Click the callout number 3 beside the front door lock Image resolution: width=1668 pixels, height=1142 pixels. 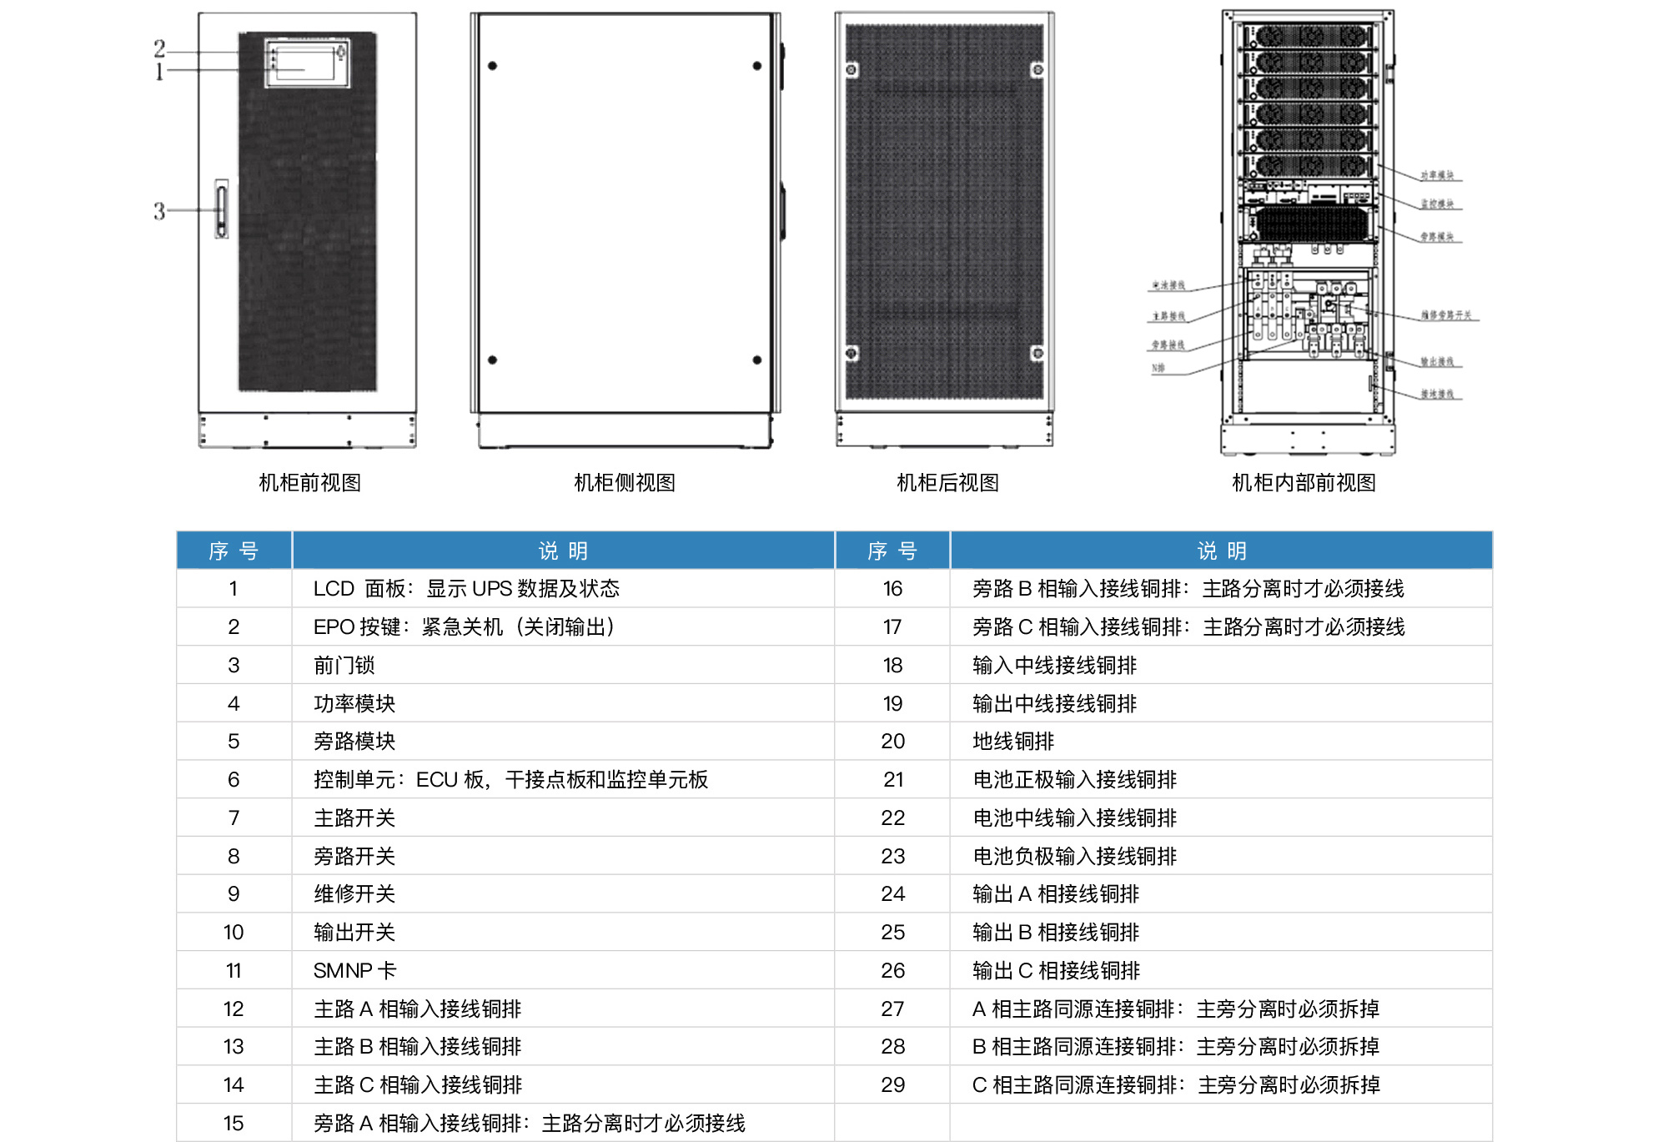pyautogui.click(x=159, y=211)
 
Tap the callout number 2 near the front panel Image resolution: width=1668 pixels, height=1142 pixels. pyautogui.click(x=159, y=48)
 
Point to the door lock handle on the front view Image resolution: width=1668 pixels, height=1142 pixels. pyautogui.click(x=221, y=209)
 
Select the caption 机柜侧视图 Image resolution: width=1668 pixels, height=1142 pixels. pyautogui.click(x=625, y=483)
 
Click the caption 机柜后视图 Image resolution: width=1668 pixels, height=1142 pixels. pyautogui.click(x=947, y=483)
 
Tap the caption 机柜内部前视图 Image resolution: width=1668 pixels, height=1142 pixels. pyautogui.click(x=1304, y=483)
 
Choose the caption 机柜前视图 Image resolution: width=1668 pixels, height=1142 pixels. pyautogui.click(x=309, y=483)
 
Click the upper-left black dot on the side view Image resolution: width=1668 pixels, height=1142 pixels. pyautogui.click(x=493, y=66)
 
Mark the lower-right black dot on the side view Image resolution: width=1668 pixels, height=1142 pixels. pyautogui.click(x=757, y=360)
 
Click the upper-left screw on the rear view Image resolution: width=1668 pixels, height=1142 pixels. pyautogui.click(x=852, y=70)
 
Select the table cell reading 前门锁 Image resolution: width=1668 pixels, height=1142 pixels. pyautogui.click(x=344, y=666)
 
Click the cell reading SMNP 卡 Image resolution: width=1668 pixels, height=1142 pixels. pyautogui.click(x=354, y=971)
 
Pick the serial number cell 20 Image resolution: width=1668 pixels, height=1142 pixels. pyautogui.click(x=892, y=742)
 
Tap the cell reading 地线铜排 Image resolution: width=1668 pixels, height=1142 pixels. pyautogui.click(x=1013, y=742)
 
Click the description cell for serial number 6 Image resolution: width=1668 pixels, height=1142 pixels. pyautogui.click(x=510, y=780)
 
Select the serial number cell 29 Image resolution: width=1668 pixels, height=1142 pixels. pyautogui.click(x=892, y=1085)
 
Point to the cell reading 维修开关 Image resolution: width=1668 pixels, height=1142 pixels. pyautogui.click(x=354, y=894)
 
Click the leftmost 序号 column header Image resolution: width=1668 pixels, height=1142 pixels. pyautogui.click(x=234, y=551)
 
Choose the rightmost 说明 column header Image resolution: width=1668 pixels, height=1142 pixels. pyautogui.click(x=1221, y=551)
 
